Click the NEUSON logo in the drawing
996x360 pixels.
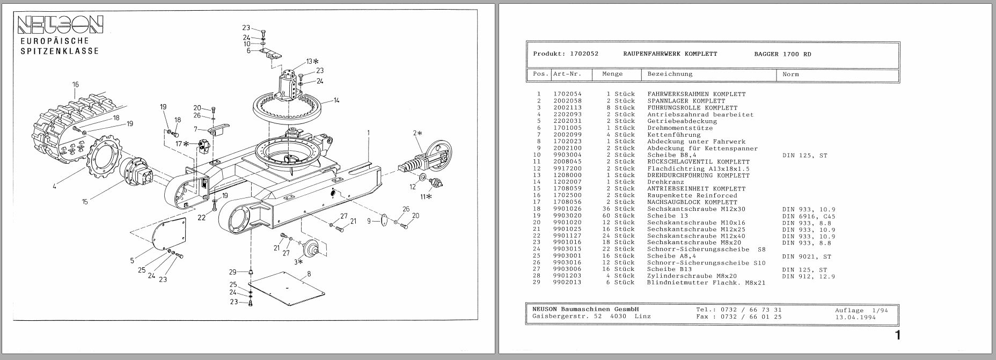[x=60, y=24]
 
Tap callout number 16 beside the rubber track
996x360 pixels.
[x=76, y=84]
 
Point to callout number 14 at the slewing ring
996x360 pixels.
[x=336, y=100]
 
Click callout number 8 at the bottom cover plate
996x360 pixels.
[x=309, y=274]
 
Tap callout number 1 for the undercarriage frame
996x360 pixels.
[x=369, y=131]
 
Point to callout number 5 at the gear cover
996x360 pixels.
[x=132, y=261]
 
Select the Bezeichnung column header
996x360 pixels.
[x=670, y=74]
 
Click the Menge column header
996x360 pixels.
[x=612, y=74]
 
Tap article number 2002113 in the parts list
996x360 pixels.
[x=567, y=108]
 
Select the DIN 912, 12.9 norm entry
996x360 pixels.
[x=808, y=276]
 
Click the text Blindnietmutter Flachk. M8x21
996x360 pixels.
[x=706, y=283]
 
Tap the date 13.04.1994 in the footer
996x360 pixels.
[x=855, y=317]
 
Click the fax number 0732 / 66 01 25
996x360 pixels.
[x=751, y=317]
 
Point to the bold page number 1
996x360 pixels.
[x=897, y=336]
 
